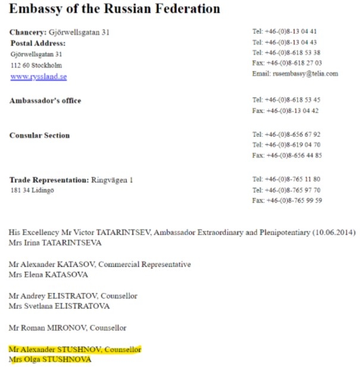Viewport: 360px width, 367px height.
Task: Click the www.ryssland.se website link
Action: click(39, 77)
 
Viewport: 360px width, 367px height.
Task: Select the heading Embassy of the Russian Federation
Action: click(114, 10)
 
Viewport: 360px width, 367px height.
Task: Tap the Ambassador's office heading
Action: click(45, 101)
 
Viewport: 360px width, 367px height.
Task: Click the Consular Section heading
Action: click(39, 135)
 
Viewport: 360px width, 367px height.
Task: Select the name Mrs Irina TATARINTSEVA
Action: click(55, 243)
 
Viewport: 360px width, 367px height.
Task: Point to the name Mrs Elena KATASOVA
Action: click(48, 275)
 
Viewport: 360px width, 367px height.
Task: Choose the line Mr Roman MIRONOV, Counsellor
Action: click(67, 328)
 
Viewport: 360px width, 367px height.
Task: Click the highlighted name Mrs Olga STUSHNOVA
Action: click(51, 359)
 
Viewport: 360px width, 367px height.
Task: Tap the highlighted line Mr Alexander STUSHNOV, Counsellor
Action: click(75, 349)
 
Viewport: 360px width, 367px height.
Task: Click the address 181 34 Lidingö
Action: click(32, 190)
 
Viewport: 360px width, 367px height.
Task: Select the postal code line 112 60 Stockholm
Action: click(36, 65)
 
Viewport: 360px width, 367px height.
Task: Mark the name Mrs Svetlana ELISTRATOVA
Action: click(59, 306)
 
